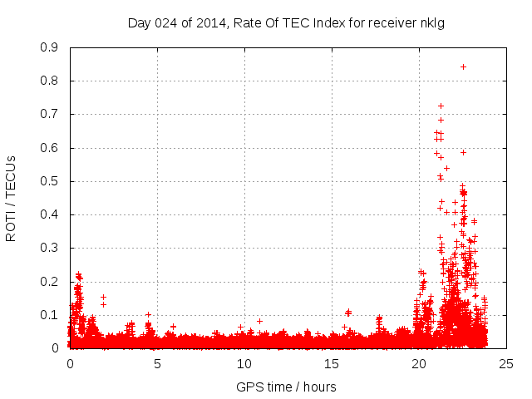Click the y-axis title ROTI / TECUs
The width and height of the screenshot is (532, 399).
pyautogui.click(x=11, y=197)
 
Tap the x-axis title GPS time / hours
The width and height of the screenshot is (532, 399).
pyautogui.click(x=286, y=387)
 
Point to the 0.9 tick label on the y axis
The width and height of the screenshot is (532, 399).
pyautogui.click(x=50, y=47)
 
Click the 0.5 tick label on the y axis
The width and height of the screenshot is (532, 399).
pyautogui.click(x=50, y=181)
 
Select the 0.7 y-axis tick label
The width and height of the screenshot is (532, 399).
pyautogui.click(x=50, y=114)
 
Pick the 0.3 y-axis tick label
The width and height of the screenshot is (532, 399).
pyautogui.click(x=50, y=248)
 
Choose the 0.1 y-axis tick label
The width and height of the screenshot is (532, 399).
pyautogui.click(x=50, y=315)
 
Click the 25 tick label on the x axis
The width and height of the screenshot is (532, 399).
pyautogui.click(x=506, y=363)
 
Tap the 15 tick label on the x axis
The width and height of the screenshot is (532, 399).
pyautogui.click(x=332, y=363)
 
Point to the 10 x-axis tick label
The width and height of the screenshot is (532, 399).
pyautogui.click(x=244, y=363)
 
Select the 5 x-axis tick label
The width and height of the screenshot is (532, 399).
pyautogui.click(x=157, y=363)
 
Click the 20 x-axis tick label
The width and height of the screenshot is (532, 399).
pyautogui.click(x=419, y=363)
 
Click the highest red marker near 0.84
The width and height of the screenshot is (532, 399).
pyautogui.click(x=463, y=66)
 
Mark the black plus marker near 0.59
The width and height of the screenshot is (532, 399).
pyautogui.click(x=463, y=152)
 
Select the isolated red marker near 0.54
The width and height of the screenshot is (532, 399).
pyautogui.click(x=446, y=168)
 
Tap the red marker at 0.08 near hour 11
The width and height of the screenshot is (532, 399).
pyautogui.click(x=259, y=321)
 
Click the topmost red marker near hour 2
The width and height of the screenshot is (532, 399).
pyautogui.click(x=103, y=297)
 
